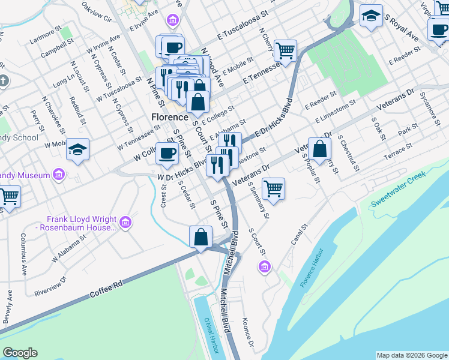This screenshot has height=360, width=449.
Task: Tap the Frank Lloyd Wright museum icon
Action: [125, 223]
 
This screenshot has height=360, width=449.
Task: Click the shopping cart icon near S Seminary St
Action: [274, 188]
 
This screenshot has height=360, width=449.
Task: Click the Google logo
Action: [20, 353]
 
